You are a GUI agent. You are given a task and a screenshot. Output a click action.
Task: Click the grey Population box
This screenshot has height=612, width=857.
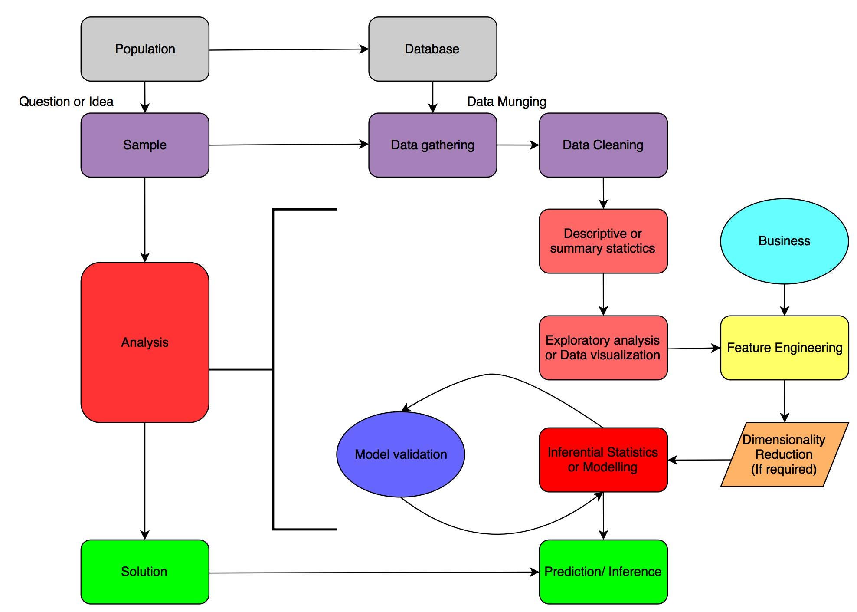pos(145,49)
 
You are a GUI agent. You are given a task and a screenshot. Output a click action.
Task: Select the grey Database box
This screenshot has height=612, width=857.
pos(432,49)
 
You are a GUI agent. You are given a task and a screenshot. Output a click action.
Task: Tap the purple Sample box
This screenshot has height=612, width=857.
pos(145,145)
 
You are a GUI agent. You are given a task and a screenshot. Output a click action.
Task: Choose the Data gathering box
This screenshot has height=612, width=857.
pos(432,145)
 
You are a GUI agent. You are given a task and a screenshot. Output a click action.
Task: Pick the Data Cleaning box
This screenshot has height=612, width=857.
pos(603,145)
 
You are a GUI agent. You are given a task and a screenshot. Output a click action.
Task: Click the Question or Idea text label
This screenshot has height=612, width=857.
pos(66,102)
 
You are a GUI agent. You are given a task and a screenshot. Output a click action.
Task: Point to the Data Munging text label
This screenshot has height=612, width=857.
pos(506,102)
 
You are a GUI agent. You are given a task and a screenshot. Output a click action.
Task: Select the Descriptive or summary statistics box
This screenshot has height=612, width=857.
pos(603,241)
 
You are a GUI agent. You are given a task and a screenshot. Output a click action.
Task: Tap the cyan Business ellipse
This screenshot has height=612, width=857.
pos(784,241)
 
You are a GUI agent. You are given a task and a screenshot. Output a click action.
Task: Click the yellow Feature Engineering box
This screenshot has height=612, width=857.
pos(784,348)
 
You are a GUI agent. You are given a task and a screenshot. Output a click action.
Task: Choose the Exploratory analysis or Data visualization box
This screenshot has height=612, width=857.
pos(603,348)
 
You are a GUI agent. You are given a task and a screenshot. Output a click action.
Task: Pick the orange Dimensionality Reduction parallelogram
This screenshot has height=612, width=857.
pos(784,454)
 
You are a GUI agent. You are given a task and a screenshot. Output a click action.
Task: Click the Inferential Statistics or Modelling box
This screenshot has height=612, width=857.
pos(603,460)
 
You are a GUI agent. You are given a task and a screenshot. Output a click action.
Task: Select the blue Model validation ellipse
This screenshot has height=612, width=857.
pos(401,454)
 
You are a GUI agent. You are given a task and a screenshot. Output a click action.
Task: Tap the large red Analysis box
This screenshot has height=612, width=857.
pos(145,342)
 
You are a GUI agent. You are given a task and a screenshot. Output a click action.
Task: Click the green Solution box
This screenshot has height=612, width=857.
pos(145,572)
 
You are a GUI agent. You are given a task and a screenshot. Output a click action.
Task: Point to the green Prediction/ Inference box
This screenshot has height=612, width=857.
pos(603,572)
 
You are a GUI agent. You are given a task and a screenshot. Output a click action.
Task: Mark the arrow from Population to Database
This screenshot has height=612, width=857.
pos(288,49)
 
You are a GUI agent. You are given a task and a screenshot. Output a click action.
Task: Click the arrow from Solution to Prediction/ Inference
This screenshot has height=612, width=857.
pos(373,573)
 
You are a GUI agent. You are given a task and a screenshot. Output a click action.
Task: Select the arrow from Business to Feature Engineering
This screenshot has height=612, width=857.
pos(784,299)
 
